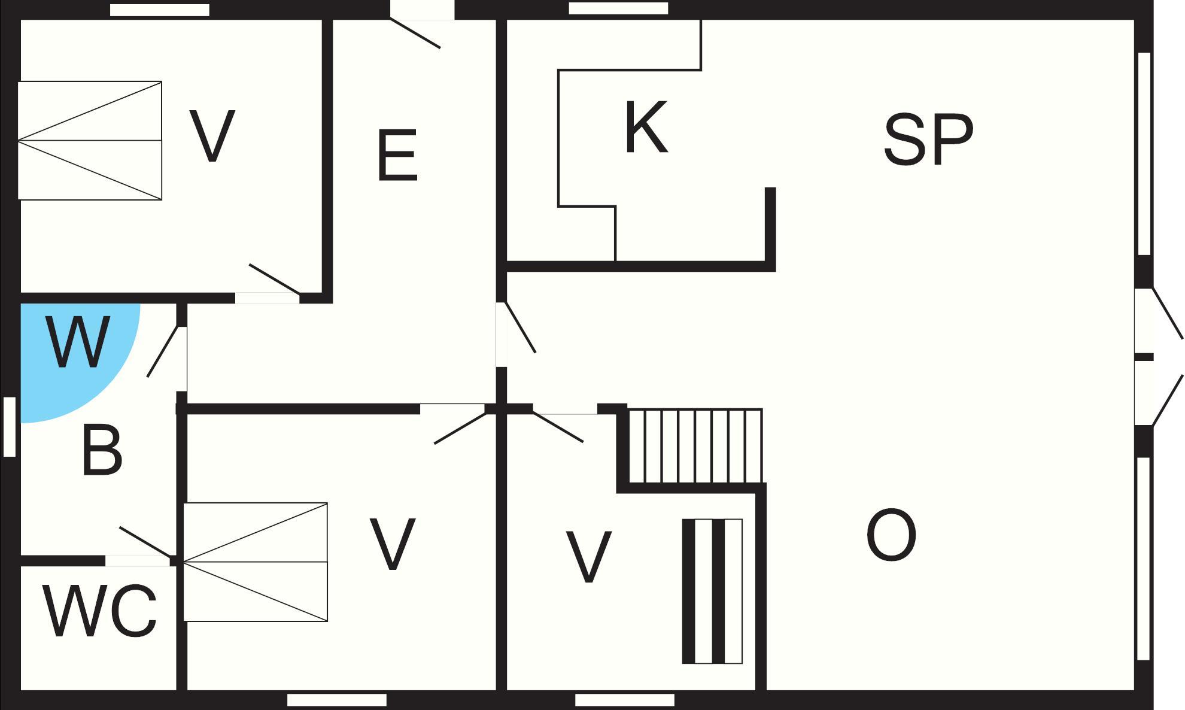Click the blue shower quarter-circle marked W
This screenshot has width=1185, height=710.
(72, 356)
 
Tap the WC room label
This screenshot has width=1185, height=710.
(100, 612)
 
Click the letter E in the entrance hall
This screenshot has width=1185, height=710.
(397, 155)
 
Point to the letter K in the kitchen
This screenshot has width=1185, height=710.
(646, 127)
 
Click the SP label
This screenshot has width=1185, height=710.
(928, 139)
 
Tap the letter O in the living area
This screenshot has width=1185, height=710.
(891, 535)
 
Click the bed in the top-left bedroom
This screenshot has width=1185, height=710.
(90, 141)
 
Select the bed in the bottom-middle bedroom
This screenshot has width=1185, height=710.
(256, 562)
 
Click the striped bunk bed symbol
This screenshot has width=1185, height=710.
(712, 591)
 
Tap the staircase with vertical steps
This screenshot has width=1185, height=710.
(695, 446)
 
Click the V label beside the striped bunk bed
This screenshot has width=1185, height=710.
(588, 556)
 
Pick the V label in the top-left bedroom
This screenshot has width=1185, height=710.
(212, 135)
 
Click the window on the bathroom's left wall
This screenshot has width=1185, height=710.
(10, 427)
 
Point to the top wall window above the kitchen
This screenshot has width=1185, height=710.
(618, 8)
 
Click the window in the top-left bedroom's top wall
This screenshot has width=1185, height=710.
(160, 10)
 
